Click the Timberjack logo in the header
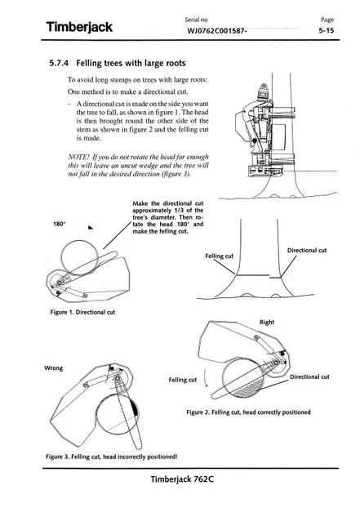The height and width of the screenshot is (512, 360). [x=79, y=27]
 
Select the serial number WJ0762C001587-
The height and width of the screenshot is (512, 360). [x=217, y=31]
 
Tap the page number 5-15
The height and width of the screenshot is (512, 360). [x=326, y=31]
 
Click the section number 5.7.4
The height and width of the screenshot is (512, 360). [x=59, y=63]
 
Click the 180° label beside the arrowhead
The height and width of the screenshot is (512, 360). [x=59, y=224]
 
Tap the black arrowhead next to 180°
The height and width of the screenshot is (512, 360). [x=91, y=227]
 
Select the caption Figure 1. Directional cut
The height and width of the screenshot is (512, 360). [x=82, y=312]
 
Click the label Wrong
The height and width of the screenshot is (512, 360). [x=54, y=368]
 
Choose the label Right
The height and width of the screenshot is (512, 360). [x=267, y=323]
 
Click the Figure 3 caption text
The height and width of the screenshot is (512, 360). [x=111, y=456]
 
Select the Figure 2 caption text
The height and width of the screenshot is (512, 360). [x=248, y=412]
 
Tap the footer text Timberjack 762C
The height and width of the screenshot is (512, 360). [x=182, y=479]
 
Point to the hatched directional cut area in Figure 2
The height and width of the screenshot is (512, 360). [x=249, y=390]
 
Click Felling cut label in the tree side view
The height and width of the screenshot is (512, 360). [x=219, y=256]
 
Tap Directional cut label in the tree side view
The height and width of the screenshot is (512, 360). [x=307, y=251]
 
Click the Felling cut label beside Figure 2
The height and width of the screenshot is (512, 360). [x=182, y=380]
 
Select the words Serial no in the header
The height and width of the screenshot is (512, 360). [x=196, y=20]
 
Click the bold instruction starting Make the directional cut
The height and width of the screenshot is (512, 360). [x=168, y=217]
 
